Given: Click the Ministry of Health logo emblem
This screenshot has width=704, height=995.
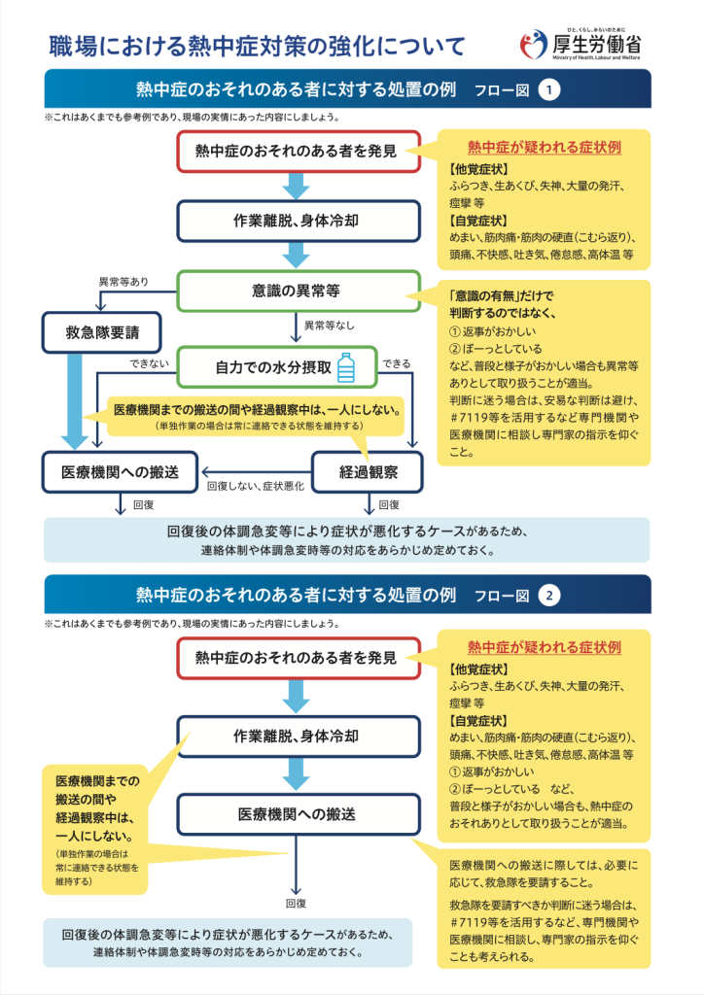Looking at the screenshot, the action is pos(533,45).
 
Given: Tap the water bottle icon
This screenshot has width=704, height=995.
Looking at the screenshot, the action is pos(346,367).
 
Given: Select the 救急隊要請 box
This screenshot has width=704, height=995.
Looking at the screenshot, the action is pos(101,332).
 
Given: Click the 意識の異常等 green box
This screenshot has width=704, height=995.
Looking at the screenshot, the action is pos(299,292).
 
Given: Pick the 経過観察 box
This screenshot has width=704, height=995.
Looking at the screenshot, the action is pos(369,472).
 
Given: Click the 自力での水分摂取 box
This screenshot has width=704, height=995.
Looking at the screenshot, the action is pos(277,367).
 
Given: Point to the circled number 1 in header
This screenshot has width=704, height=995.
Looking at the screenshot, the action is pos(549,89).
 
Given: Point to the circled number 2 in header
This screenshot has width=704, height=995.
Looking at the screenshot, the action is pos(549,596).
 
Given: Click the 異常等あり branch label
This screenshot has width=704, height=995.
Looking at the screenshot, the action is pos(123,282).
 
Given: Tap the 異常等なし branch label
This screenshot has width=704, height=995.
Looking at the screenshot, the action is pos(330,326).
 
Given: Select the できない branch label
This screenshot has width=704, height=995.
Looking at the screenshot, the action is pos(149,363).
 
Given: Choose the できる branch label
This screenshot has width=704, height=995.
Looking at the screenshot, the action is pos(396,363).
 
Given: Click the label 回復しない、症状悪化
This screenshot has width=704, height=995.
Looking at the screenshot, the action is pos(256,486).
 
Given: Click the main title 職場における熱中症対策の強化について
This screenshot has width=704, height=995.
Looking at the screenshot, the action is pos(257,46).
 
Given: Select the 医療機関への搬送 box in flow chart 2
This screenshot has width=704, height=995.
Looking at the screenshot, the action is pos(299,814).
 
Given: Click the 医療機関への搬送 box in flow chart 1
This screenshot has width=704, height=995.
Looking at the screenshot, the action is pos(120,472).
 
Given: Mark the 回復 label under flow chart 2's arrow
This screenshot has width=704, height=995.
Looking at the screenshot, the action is pos(296,903).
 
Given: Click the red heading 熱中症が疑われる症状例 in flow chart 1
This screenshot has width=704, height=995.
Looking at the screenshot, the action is pos(544,148).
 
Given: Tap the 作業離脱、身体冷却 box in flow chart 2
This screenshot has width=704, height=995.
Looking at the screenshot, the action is pos(299,737).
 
